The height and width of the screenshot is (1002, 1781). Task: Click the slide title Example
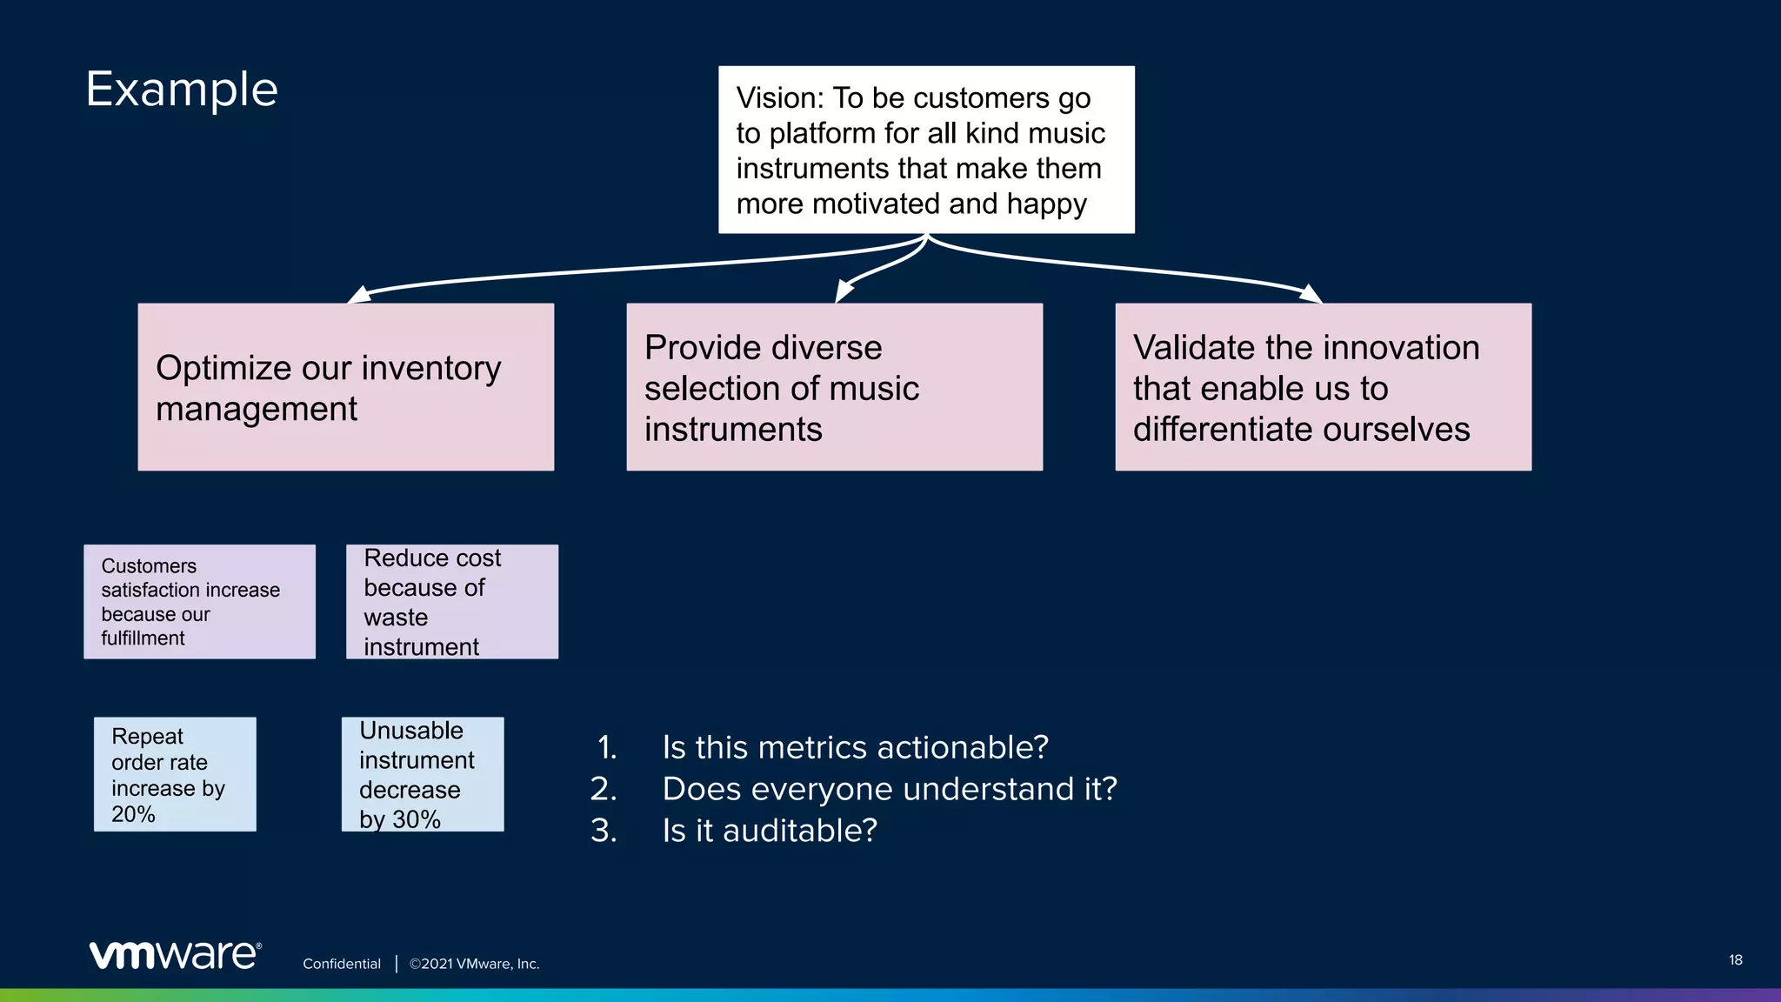(182, 90)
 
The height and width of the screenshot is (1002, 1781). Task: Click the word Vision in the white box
(777, 98)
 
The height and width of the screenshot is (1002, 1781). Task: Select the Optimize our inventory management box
(345, 387)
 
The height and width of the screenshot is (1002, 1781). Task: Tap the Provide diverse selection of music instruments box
(834, 387)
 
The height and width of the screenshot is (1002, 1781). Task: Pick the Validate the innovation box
(1323, 387)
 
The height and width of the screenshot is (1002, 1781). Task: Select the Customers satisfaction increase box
(199, 602)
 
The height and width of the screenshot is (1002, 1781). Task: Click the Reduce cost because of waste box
(451, 602)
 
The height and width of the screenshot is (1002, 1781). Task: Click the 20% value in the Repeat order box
(133, 814)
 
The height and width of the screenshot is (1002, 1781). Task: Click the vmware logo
(175, 955)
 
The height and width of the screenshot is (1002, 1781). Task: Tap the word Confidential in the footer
(342, 964)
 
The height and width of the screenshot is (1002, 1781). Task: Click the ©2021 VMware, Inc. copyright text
(475, 964)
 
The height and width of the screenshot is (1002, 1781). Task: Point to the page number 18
(1735, 960)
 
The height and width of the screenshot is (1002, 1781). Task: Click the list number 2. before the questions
(603, 789)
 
